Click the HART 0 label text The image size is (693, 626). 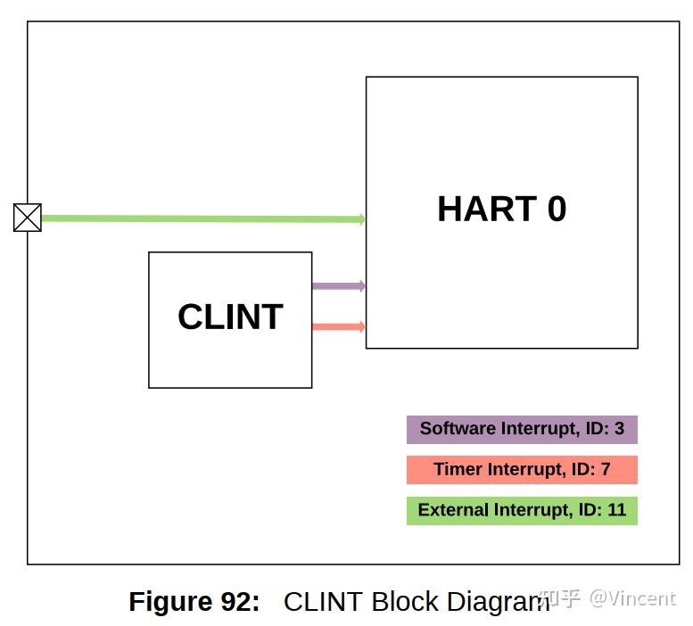[x=501, y=210]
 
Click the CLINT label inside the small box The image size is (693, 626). [x=230, y=317]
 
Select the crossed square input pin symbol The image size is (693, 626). [x=28, y=218]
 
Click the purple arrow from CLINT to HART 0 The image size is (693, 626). [x=338, y=286]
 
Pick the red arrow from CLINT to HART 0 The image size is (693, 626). [x=338, y=327]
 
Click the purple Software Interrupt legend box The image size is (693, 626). [x=522, y=429]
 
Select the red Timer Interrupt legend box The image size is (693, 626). [x=522, y=470]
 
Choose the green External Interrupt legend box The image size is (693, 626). [x=522, y=511]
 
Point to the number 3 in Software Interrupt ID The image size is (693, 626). [x=619, y=429]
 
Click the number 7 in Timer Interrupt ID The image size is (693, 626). [x=606, y=470]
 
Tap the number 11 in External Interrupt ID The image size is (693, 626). [x=616, y=511]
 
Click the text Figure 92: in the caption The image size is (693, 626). [x=194, y=602]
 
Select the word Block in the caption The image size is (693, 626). [x=402, y=602]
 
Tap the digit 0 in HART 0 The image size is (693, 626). [x=556, y=210]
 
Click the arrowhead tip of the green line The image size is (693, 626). [x=364, y=219]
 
